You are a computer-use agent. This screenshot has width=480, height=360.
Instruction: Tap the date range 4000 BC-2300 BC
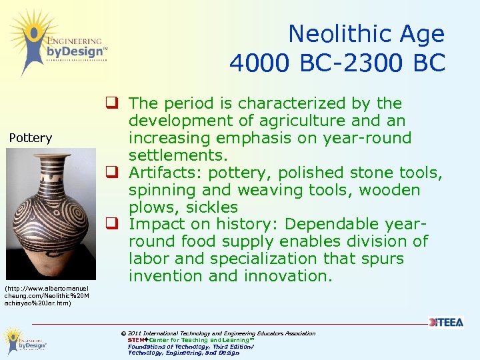337,63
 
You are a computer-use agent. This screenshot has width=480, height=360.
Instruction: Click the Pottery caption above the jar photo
31,138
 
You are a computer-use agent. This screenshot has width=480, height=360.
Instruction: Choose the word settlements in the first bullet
178,155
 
